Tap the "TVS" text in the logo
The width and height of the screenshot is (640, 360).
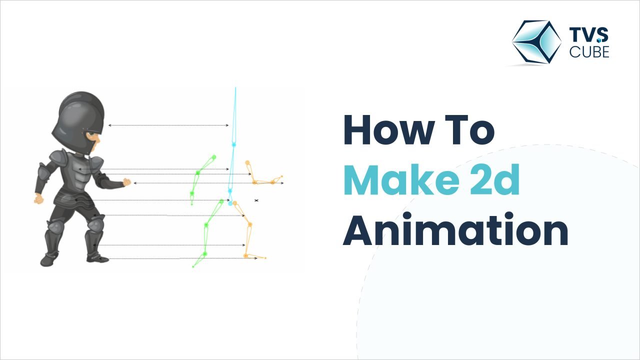(589, 35)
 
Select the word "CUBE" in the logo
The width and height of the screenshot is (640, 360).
(589, 51)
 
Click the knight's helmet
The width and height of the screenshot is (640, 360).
(80, 115)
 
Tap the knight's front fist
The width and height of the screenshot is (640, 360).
(126, 182)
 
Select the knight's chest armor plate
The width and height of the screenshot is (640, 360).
(82, 175)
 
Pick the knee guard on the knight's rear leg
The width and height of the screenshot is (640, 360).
(54, 227)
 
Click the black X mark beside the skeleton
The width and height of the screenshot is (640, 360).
(256, 200)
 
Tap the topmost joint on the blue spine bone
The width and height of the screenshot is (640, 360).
(233, 144)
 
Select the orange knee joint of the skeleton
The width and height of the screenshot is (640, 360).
(250, 224)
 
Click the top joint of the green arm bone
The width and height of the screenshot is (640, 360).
(213, 157)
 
